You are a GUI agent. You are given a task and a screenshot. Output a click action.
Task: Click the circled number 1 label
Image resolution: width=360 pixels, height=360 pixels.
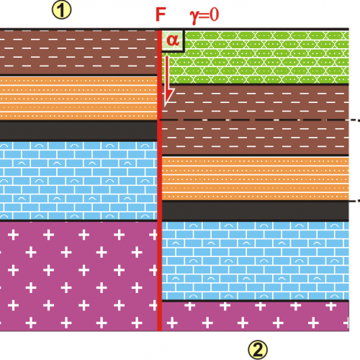[x=62, y=10]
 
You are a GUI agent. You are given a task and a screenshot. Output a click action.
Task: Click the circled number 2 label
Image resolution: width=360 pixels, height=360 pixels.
[x=258, y=350]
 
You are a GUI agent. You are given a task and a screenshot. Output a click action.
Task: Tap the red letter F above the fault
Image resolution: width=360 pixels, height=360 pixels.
[x=161, y=14]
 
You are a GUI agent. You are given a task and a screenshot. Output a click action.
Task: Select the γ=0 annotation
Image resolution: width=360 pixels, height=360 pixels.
[x=204, y=15]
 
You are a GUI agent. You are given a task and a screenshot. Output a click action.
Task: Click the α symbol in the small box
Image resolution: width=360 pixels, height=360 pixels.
[x=173, y=40]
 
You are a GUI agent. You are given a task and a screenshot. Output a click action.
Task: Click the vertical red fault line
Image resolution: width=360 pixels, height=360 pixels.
[x=159, y=180]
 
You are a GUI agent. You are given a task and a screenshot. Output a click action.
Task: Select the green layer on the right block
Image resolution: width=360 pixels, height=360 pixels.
[x=256, y=58]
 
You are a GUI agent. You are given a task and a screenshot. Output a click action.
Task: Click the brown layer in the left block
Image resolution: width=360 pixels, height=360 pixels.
[x=78, y=53]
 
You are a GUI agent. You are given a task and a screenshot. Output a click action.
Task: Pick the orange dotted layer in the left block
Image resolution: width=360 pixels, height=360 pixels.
[x=78, y=98]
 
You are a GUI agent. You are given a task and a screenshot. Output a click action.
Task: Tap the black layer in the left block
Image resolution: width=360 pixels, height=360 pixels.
[x=78, y=131]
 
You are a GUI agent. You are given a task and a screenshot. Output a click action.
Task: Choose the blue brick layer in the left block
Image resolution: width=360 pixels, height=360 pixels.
[x=78, y=181]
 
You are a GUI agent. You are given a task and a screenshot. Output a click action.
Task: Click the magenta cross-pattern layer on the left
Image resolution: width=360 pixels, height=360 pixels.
[x=78, y=276]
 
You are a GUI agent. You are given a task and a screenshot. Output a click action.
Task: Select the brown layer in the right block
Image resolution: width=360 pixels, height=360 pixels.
[x=256, y=120]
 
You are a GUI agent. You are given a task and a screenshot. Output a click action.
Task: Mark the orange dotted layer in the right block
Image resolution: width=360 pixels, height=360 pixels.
[x=256, y=179]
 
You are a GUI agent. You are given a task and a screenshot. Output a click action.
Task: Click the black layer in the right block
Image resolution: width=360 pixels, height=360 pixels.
[x=256, y=211]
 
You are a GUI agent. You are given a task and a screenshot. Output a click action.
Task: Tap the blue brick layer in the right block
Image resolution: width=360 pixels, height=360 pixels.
[x=256, y=261]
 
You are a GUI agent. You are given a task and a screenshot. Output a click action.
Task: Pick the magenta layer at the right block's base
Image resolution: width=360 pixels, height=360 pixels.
[x=256, y=316]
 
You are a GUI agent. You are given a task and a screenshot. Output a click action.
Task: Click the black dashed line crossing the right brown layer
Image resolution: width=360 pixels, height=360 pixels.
[x=259, y=120]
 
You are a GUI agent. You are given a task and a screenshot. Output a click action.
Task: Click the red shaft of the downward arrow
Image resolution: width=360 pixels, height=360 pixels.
[x=167, y=73]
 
